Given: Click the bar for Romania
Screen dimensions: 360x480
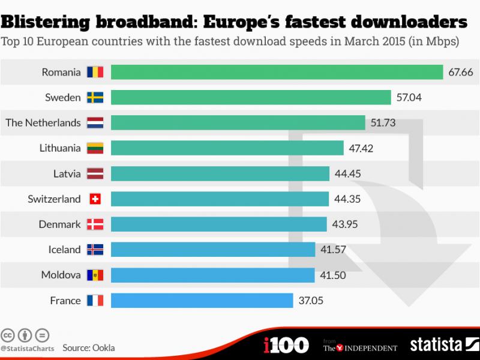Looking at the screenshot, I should pos(277,73).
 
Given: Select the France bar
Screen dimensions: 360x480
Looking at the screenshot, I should pos(202,300).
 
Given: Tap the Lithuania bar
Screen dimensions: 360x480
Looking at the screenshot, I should pos(227,148).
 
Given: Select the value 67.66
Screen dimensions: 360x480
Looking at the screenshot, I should pos(461,73).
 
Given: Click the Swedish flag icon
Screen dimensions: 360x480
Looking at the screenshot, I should pos(95,98).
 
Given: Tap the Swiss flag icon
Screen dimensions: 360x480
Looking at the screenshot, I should pos(95,199).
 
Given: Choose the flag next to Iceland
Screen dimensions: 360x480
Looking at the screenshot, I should pos(95,250).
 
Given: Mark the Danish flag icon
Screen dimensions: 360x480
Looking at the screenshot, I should pos(95,224).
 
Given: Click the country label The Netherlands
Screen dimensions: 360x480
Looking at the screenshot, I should pos(43,123).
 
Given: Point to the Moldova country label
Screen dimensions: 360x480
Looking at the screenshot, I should pos(61,275).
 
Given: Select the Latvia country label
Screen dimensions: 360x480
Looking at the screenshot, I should pos(67,174).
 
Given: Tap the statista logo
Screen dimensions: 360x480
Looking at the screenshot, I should pos(443,345).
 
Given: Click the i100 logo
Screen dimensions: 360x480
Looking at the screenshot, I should pos(286,345).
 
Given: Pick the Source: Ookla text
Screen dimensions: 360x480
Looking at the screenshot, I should pos(88,347).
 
